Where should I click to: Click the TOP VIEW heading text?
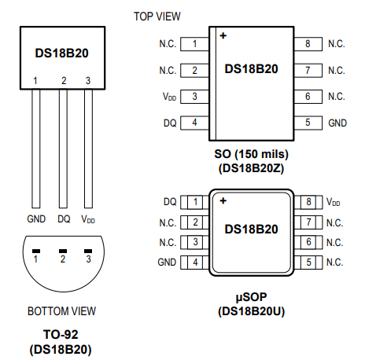coord(157,17)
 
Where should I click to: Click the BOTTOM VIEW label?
coord(61,311)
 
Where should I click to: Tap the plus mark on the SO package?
coord(223,35)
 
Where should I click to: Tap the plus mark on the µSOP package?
coord(223,200)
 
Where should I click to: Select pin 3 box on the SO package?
coord(195,97)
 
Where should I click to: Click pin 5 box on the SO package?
coord(308,123)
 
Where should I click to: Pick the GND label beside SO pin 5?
coord(337,123)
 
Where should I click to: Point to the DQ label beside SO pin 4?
coord(170,123)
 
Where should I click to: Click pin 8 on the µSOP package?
coord(308,202)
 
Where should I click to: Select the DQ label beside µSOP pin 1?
coord(170,202)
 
